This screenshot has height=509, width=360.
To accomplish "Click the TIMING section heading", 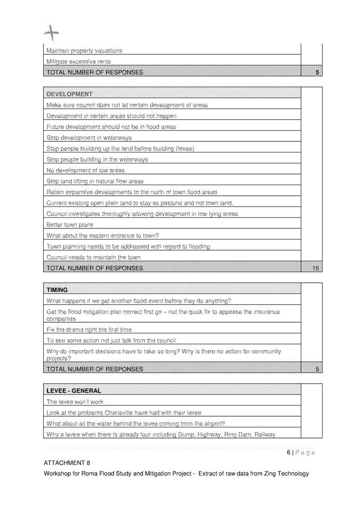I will [x=57, y=290].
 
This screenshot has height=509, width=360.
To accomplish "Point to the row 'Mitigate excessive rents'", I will [x=78, y=62].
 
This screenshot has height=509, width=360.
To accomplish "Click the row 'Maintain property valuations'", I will [x=84, y=51].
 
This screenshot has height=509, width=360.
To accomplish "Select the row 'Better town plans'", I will [x=70, y=225].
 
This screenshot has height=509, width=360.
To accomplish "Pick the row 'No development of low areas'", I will [x=85, y=170].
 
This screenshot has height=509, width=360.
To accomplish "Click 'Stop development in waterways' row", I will [x=89, y=138].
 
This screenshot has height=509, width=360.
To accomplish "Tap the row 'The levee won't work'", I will [x=75, y=402].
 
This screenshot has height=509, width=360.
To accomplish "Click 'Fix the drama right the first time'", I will [x=89, y=329].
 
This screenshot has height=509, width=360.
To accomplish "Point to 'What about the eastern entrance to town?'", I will [x=103, y=235].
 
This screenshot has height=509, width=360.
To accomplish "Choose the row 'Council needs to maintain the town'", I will [x=93, y=257].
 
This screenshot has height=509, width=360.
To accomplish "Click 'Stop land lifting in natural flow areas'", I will [x=95, y=181].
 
